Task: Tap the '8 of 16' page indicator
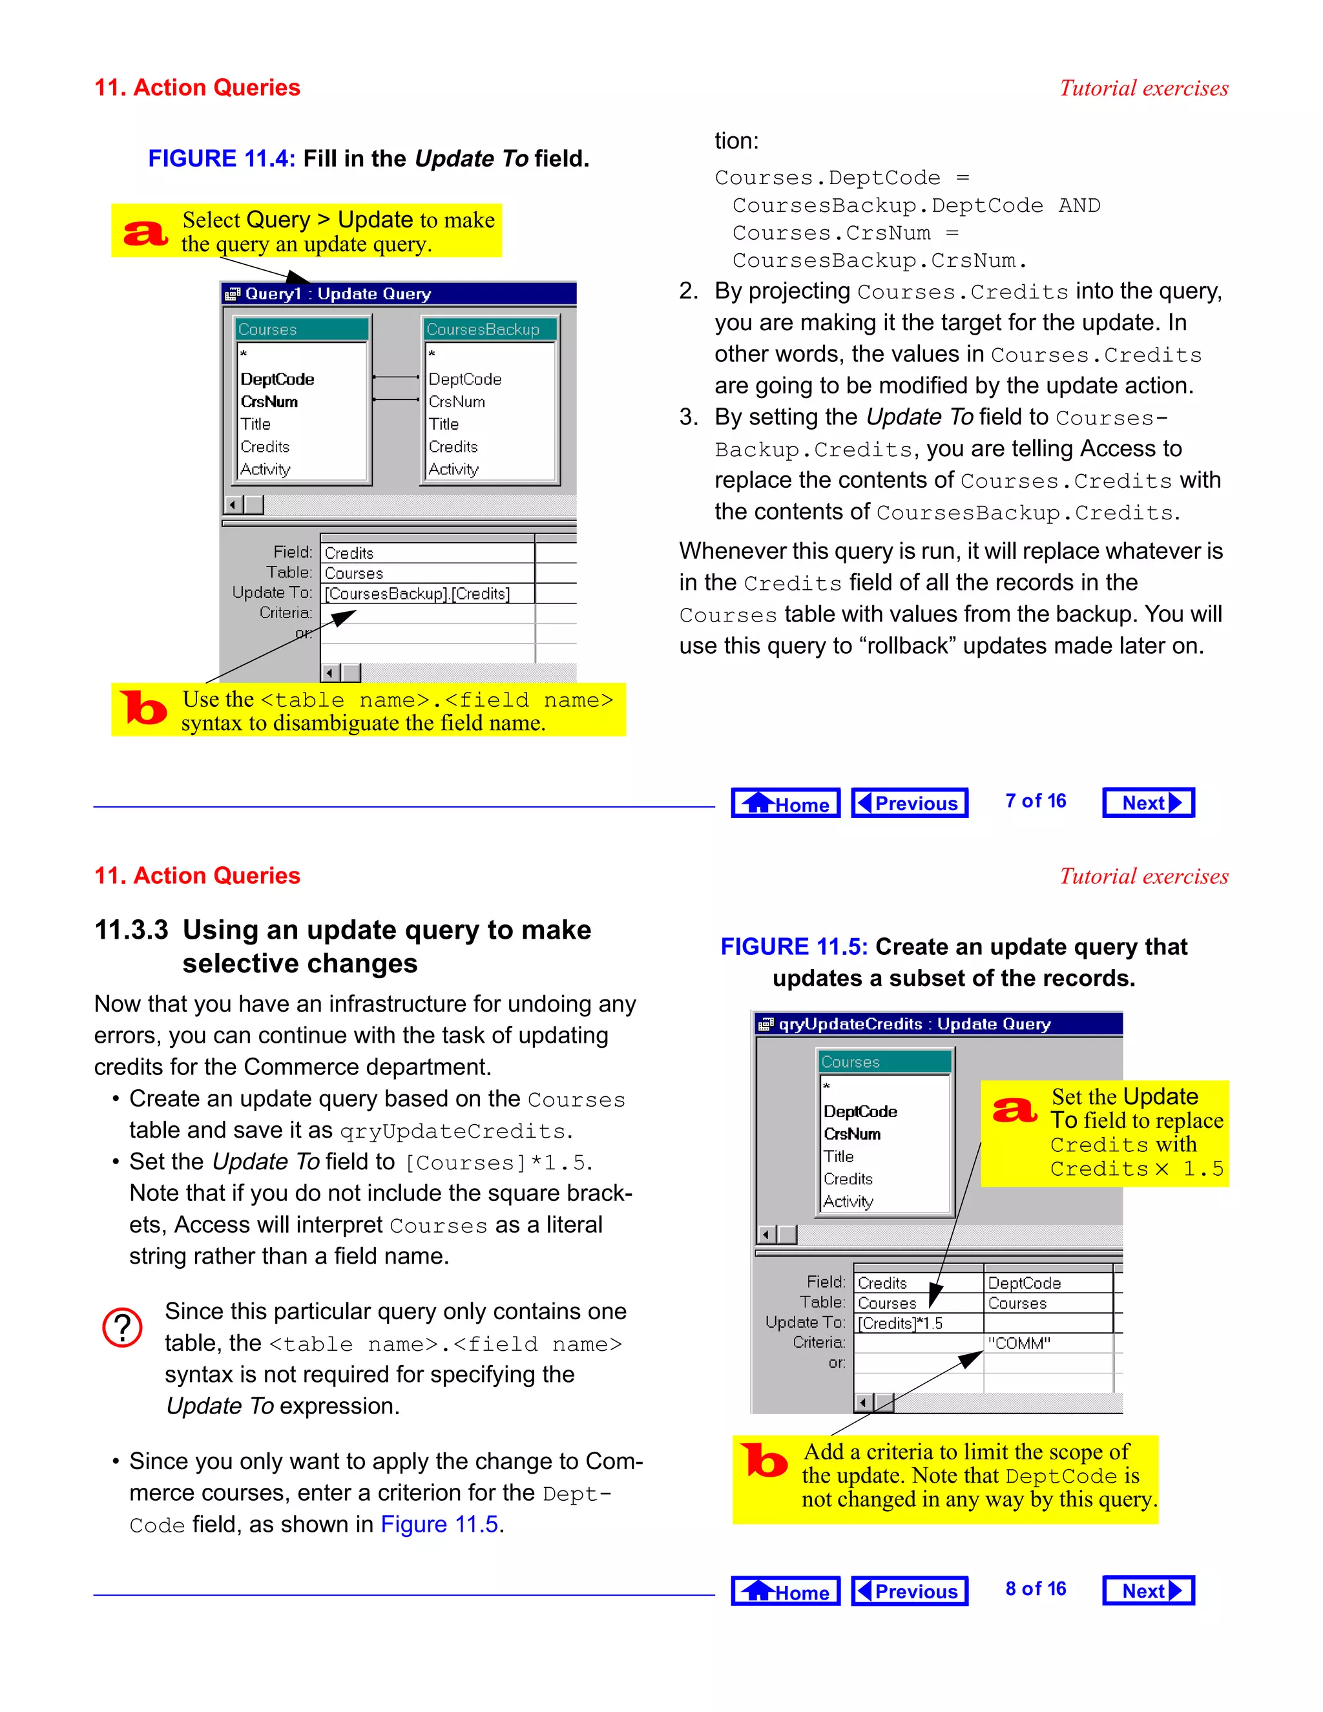tap(1035, 1589)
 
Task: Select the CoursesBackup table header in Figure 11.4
tap(489, 330)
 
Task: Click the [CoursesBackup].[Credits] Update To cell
tap(426, 594)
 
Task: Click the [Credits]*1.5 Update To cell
tap(917, 1324)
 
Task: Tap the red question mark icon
tap(122, 1328)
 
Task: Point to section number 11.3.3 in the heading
tap(131, 930)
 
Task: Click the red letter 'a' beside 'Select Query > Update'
tap(145, 233)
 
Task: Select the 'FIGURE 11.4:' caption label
tap(222, 159)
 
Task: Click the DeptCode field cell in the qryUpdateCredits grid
tap(1047, 1283)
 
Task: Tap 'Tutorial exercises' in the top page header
tap(1143, 89)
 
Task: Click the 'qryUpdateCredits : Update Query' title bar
tap(937, 1025)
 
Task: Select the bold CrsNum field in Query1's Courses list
tap(269, 402)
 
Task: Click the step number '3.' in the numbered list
tap(688, 417)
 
